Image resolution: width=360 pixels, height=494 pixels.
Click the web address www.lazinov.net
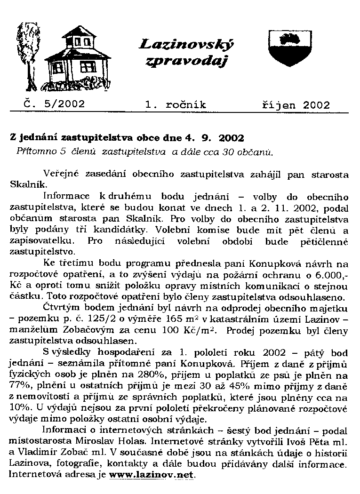151,475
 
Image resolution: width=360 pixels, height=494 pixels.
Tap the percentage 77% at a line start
19,386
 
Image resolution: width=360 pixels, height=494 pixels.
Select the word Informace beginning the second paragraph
66,196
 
